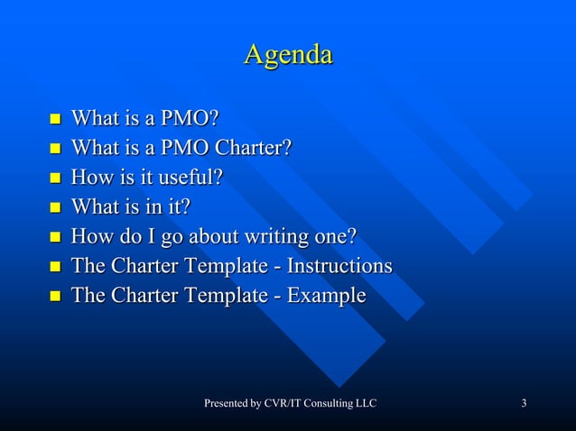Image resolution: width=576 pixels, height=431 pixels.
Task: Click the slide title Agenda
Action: coord(288,55)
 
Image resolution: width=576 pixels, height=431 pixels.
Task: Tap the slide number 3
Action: coord(524,402)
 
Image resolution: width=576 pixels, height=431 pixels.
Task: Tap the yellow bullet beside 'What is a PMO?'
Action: coord(54,119)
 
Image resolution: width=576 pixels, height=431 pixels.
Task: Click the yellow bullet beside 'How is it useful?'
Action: coord(54,179)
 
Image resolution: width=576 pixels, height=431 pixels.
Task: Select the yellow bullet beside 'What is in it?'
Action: coord(54,208)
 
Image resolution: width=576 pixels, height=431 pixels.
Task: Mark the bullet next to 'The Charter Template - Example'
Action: coord(54,297)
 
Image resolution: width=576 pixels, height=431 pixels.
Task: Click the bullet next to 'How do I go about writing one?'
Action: coord(54,238)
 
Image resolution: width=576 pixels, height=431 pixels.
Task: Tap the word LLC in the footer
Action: coord(365,402)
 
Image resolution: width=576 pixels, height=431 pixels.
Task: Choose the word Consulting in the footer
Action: coord(328,402)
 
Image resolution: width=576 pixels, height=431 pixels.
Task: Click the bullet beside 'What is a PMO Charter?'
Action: coord(54,149)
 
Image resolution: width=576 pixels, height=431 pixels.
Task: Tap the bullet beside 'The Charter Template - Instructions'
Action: coord(54,267)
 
